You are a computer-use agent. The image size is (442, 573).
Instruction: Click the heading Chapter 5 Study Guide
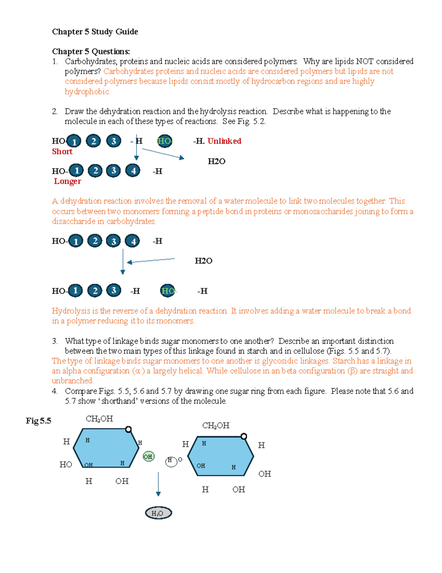point(95,32)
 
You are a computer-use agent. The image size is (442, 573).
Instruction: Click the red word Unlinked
point(224,141)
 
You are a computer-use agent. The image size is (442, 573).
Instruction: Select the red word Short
point(62,152)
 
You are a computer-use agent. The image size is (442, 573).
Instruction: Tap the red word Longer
point(67,181)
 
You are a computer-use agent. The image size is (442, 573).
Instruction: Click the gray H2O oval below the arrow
point(158,513)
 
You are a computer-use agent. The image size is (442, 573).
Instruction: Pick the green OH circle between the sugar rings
point(148,457)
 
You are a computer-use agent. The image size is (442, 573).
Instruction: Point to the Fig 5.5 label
point(38,421)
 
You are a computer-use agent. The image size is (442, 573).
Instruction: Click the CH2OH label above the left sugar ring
point(99,419)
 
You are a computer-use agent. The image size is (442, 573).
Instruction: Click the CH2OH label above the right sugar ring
point(215,426)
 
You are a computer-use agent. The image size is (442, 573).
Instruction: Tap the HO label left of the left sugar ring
point(66,465)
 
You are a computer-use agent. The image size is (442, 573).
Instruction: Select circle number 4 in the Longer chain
point(133,170)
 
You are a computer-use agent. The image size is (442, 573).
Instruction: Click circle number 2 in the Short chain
point(94,141)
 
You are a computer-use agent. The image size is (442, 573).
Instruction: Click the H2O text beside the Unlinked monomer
point(216,161)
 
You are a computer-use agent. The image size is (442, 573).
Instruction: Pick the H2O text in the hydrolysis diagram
point(203,261)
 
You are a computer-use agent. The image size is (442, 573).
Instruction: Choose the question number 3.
point(55,341)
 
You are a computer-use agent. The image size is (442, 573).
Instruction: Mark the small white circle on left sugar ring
point(128,429)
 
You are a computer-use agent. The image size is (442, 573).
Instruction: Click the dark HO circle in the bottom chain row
point(168,291)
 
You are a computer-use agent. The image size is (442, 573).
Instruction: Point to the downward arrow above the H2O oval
point(158,483)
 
